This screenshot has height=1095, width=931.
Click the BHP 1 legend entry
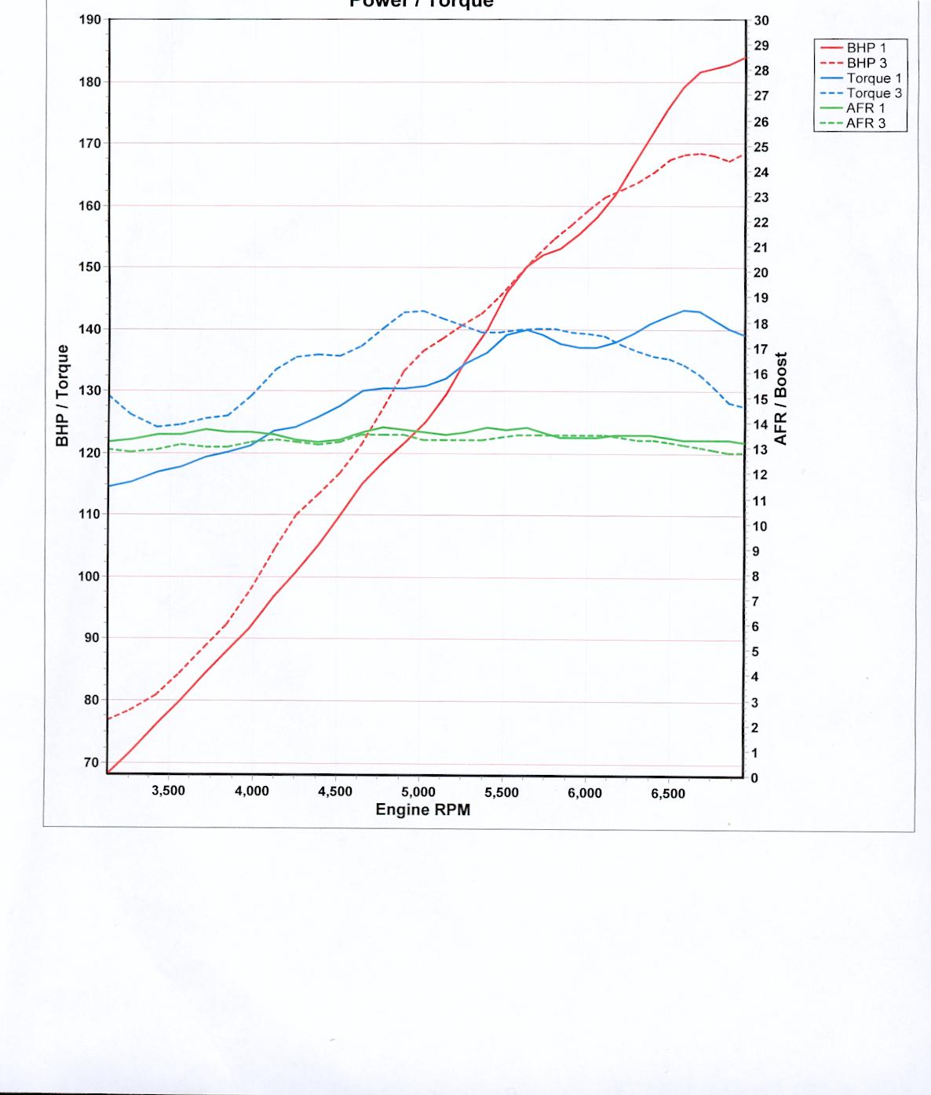tap(866, 48)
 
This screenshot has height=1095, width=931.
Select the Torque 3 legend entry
tap(874, 93)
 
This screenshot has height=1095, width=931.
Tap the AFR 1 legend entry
tap(865, 108)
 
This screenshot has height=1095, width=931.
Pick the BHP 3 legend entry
tap(866, 63)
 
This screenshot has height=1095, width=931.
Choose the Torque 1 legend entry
tap(874, 78)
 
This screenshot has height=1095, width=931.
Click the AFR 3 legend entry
tap(865, 123)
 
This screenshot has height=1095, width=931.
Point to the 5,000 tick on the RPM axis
tap(418, 792)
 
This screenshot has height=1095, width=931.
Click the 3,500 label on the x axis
tap(168, 791)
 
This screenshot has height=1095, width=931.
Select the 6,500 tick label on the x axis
tap(668, 793)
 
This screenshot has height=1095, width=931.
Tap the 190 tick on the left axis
tap(90, 20)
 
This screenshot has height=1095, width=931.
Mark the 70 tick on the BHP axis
tap(90, 762)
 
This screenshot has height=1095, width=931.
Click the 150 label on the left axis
tap(90, 267)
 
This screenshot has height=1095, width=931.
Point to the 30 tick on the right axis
tap(761, 21)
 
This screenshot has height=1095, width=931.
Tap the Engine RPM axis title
tap(423, 809)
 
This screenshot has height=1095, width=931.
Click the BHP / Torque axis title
tap(63, 395)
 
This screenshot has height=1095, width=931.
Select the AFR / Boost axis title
tap(781, 398)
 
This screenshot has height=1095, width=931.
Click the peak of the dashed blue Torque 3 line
tap(424, 311)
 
